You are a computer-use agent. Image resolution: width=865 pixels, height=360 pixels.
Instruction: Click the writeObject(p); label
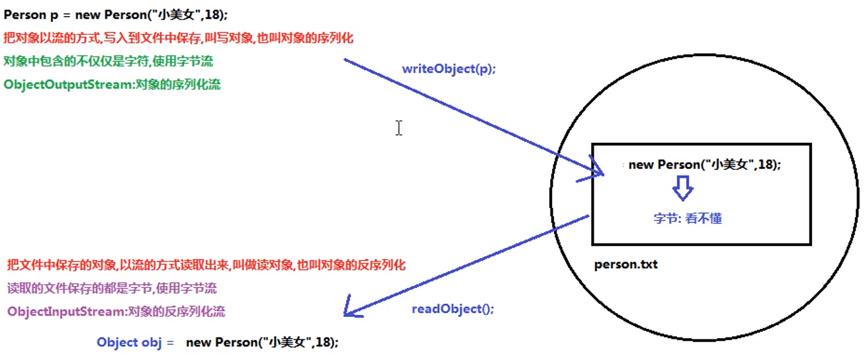tap(448, 69)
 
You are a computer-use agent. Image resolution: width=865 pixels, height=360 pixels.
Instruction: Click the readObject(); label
tap(453, 309)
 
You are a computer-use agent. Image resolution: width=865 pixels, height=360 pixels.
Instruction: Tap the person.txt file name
tap(625, 265)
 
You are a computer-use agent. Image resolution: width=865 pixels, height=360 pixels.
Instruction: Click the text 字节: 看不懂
tap(687, 218)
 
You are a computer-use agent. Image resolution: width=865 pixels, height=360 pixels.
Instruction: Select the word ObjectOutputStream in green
tap(68, 85)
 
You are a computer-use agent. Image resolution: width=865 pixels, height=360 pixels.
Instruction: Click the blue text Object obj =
tap(135, 342)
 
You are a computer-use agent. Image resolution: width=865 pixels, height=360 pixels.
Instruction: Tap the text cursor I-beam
tap(398, 128)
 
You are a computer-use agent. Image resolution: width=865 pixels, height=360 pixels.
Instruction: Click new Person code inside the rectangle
tap(705, 165)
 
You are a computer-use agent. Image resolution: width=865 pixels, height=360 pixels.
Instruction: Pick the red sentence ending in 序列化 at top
tap(179, 38)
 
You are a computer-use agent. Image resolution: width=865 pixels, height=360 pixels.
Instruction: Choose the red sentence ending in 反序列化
tap(206, 265)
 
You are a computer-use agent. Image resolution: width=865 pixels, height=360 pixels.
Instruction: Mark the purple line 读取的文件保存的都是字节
tap(112, 289)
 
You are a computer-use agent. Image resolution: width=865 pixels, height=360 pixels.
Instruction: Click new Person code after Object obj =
tap(262, 342)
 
